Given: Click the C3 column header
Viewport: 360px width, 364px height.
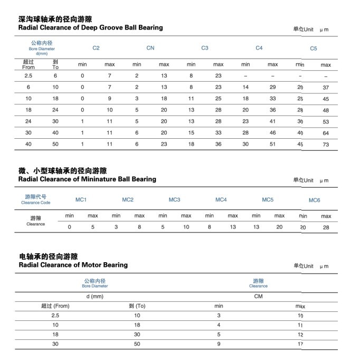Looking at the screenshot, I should coord(205,48).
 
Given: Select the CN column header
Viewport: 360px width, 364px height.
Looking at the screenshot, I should coord(150,48).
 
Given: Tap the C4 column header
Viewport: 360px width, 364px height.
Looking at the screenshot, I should coord(259,48).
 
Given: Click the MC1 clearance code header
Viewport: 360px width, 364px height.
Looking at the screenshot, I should coord(81,199).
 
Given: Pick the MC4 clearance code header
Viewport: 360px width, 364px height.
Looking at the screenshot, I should coord(221,199).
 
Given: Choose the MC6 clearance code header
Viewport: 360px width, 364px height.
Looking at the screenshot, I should coord(315,200).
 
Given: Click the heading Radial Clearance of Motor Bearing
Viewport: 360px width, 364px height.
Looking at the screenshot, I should coord(73,265).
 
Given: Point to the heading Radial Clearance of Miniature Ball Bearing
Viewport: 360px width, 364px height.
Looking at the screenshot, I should coord(87,179).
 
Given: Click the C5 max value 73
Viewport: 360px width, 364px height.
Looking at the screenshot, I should coord(326,145).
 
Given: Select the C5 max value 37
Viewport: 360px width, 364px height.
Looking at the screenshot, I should coord(326,87).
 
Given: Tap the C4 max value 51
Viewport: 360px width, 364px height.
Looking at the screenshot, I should coord(272,144).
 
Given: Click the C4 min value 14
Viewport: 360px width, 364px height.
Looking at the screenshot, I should coord(245,87).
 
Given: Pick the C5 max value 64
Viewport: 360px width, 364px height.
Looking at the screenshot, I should coord(326,133).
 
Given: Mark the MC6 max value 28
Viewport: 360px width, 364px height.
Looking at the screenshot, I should coord(326,227).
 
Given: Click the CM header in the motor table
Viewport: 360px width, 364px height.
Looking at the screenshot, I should coord(259,296).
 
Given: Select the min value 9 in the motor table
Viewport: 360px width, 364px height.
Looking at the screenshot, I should coord(219,344).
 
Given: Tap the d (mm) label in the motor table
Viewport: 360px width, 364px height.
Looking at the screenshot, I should coord(95,296).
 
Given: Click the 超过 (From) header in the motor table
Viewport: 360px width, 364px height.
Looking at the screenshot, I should coord(55,306).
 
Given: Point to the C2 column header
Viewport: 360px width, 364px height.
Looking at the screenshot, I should coord(96,48).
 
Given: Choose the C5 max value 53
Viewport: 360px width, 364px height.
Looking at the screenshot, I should coord(326,121).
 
